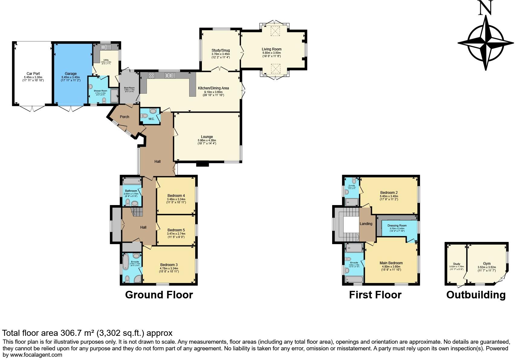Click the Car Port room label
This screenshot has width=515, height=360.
pyautogui.click(x=33, y=74)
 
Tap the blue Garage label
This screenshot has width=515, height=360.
pyautogui.click(x=71, y=74)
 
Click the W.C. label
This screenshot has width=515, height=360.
pyautogui.click(x=151, y=119)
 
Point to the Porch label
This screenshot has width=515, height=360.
pyautogui.click(x=125, y=117)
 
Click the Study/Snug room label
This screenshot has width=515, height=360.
pyautogui.click(x=221, y=50)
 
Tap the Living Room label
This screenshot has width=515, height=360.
pyautogui.click(x=271, y=49)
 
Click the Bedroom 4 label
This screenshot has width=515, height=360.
pyautogui.click(x=176, y=196)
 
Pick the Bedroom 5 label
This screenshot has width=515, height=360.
pyautogui.click(x=176, y=230)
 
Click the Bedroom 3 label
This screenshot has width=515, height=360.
pyautogui.click(x=169, y=265)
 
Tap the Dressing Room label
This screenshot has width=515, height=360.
pyautogui.click(x=397, y=226)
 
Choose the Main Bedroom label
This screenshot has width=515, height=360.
pyautogui.click(x=391, y=263)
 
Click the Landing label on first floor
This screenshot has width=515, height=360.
pyautogui.click(x=366, y=224)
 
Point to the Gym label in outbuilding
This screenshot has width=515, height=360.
pyautogui.click(x=487, y=264)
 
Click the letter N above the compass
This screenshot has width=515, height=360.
pyautogui.click(x=485, y=8)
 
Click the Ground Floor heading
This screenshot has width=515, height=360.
pyautogui.click(x=159, y=295)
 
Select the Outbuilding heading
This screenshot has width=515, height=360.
pyautogui.click(x=476, y=295)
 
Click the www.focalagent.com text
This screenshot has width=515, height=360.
pyautogui.click(x=36, y=355)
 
